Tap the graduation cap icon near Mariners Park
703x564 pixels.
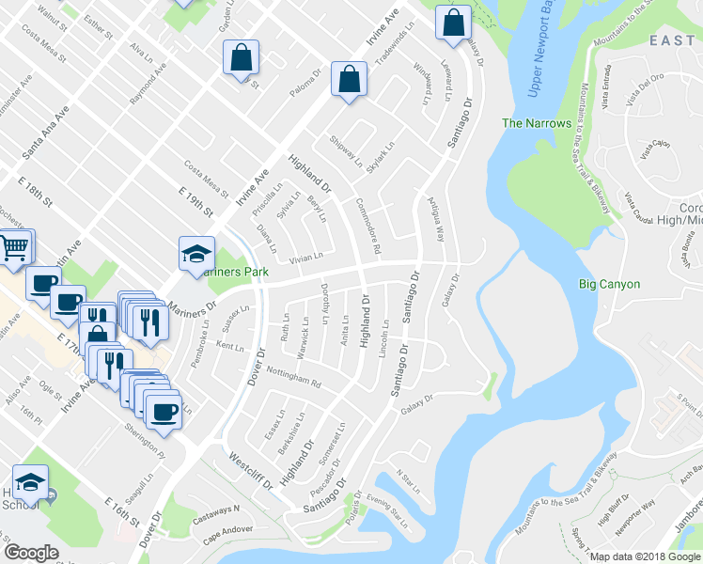[195, 253]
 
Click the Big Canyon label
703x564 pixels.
[609, 284]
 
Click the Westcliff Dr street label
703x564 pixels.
[249, 470]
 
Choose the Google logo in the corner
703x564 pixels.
[32, 552]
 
